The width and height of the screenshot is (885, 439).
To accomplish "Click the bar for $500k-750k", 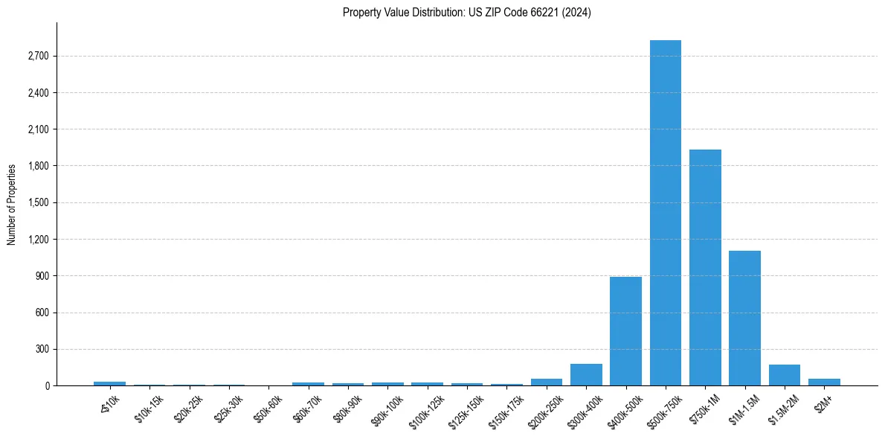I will tap(665, 213).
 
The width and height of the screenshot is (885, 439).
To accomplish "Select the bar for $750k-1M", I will tap(705, 268).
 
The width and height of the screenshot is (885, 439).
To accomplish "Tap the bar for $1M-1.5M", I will tap(744, 318).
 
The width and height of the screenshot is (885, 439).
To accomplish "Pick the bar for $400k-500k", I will tap(625, 331).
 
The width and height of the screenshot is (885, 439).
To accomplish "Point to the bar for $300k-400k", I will tap(586, 375).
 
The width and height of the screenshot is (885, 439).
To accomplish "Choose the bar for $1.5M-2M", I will tap(784, 375).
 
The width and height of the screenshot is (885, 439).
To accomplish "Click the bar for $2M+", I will tap(824, 382).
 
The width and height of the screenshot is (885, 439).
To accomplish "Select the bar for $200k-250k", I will tap(547, 382).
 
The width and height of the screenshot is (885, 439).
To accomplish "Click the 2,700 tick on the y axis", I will tap(38, 57).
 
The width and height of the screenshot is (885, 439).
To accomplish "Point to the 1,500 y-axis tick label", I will tap(38, 203).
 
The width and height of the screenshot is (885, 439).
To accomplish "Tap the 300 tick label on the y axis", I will tap(42, 349).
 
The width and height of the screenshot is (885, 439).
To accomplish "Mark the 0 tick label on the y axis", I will tap(46, 385).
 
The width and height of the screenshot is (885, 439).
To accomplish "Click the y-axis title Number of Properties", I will tap(12, 204).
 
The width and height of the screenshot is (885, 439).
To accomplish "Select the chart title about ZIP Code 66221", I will tap(467, 13).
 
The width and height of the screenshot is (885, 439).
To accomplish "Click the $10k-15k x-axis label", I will tap(149, 405).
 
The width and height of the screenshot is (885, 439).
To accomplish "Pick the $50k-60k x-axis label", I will tap(268, 405).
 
